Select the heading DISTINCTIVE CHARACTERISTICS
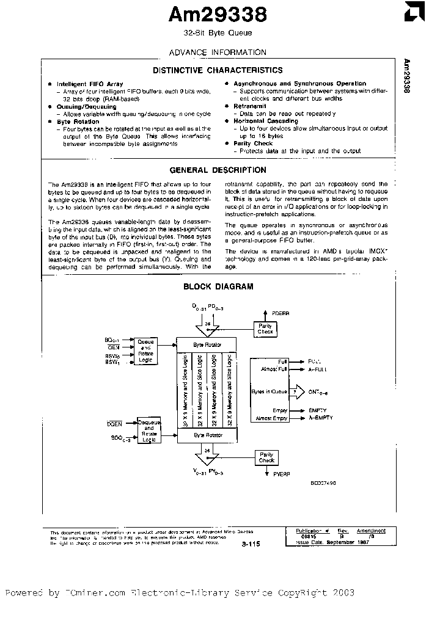[x=218, y=71]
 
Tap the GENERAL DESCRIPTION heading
[x=218, y=170]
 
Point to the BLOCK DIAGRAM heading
[x=218, y=286]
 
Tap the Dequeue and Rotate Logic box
[x=148, y=430]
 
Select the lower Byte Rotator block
[x=207, y=434]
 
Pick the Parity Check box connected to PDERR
[x=265, y=329]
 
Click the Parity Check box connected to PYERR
[x=266, y=457]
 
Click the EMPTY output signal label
[x=318, y=410]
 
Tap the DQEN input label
[x=115, y=423]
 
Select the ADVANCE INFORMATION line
[x=218, y=53]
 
